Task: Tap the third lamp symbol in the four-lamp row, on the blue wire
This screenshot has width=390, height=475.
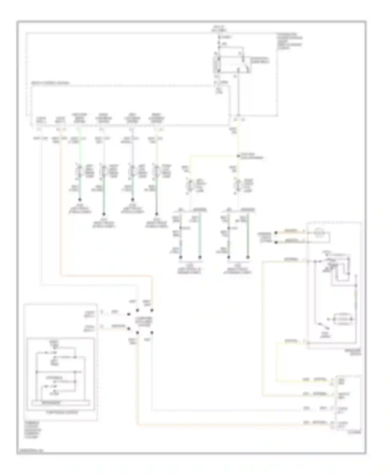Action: pyautogui.click(x=133, y=171)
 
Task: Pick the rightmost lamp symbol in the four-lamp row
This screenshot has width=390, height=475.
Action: pyautogui.click(x=157, y=171)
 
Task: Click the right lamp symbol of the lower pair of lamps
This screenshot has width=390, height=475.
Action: pyautogui.click(x=237, y=186)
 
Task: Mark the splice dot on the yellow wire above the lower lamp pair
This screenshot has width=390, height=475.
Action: pyautogui.click(x=238, y=156)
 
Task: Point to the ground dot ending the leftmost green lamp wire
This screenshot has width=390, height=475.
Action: pyautogui.click(x=80, y=200)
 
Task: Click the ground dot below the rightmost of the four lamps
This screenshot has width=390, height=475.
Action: pyautogui.click(x=157, y=214)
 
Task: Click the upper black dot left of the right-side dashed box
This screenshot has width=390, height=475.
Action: pyautogui.click(x=276, y=233)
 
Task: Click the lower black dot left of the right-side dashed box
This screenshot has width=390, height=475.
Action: pyautogui.click(x=276, y=242)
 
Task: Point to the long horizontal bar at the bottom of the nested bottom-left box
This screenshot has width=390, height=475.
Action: pyautogui.click(x=61, y=403)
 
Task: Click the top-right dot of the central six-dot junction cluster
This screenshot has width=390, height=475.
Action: pyautogui.click(x=152, y=310)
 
